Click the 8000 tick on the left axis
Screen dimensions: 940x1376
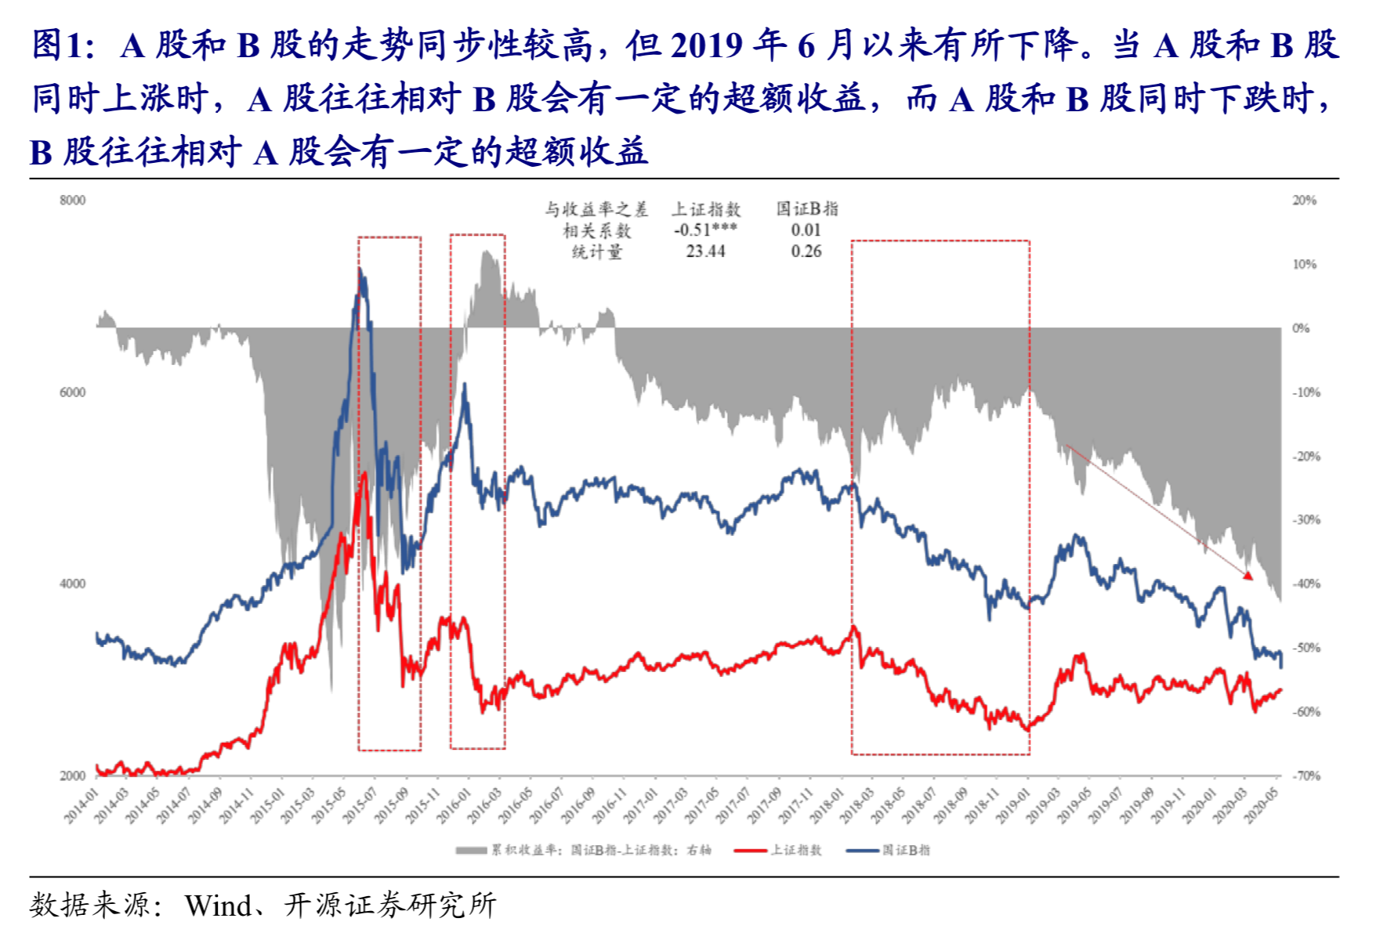pyautogui.click(x=72, y=201)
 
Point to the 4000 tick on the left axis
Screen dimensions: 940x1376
pyautogui.click(x=72, y=584)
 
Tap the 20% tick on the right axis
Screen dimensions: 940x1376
pyautogui.click(x=1305, y=201)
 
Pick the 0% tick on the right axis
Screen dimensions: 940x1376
pyautogui.click(x=1301, y=328)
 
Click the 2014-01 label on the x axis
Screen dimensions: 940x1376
pyautogui.click(x=81, y=806)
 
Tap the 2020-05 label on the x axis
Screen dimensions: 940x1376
pyautogui.click(x=1262, y=806)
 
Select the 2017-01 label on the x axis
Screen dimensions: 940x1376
pyautogui.click(x=640, y=806)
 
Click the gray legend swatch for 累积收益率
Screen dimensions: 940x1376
pyautogui.click(x=472, y=850)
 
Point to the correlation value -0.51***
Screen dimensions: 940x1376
pyautogui.click(x=705, y=230)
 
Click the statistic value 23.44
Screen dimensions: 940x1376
pyautogui.click(x=705, y=251)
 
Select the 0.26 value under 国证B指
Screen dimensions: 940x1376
pyautogui.click(x=806, y=251)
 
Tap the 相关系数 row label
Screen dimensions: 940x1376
pyautogui.click(x=596, y=230)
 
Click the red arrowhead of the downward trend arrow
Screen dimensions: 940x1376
pyautogui.click(x=1248, y=576)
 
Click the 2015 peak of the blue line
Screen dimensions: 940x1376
pyautogui.click(x=360, y=270)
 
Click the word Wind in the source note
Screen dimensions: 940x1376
pyautogui.click(x=218, y=906)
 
